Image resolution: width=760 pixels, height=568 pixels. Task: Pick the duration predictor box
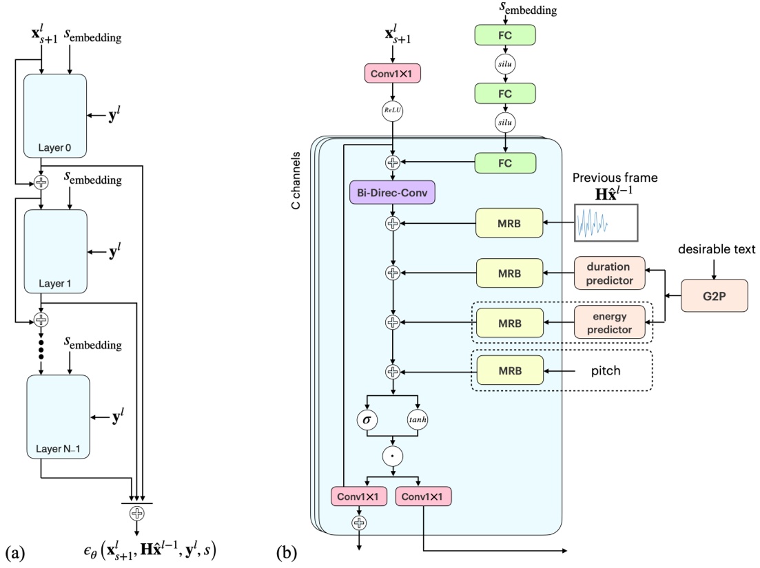coord(609,273)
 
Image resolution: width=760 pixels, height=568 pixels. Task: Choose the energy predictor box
coord(609,322)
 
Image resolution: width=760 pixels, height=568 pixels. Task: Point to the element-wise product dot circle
coord(392,456)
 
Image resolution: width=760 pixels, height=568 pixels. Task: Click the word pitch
coord(606,370)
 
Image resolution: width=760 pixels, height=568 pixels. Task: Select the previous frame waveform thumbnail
coord(605,223)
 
